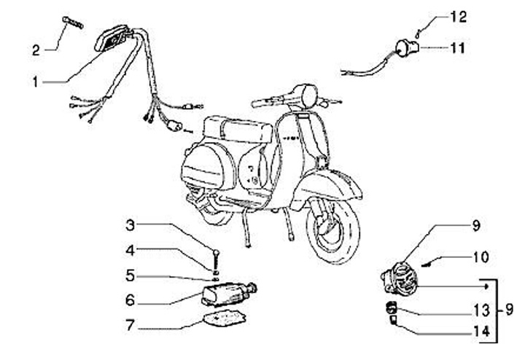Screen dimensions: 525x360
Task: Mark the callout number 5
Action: [x=130, y=277]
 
